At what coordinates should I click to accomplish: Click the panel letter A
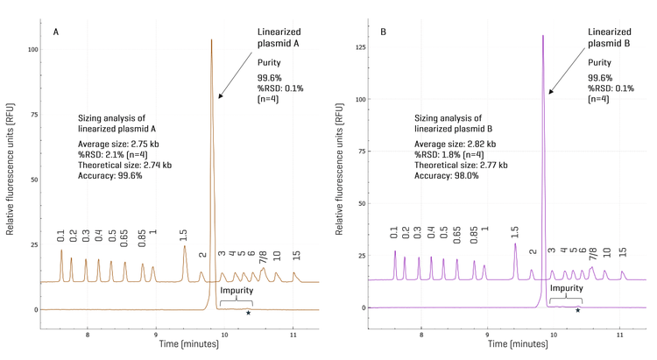(x=56, y=32)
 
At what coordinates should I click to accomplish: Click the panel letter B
(x=383, y=32)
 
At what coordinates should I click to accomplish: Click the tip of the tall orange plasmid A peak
(x=212, y=40)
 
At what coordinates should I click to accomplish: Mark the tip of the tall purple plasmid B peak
(x=543, y=36)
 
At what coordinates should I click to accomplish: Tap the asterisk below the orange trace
(x=249, y=313)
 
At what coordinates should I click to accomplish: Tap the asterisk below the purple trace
(x=578, y=310)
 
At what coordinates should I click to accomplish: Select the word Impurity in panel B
(x=565, y=287)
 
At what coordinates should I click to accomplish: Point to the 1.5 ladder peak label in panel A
(x=183, y=235)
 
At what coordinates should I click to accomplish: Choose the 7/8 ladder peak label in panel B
(x=593, y=254)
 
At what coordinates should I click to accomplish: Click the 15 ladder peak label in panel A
(x=297, y=255)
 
